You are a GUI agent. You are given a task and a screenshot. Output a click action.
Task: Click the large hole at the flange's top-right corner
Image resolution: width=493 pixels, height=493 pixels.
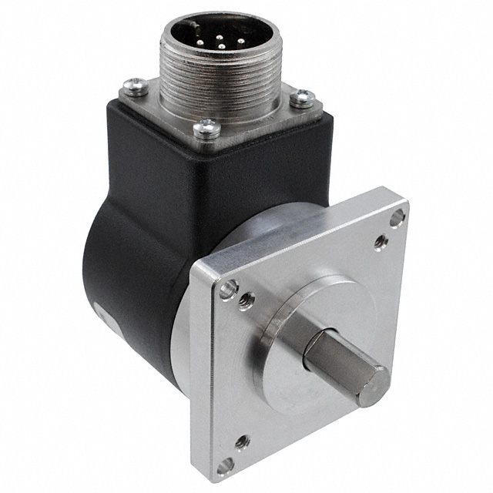tap(397, 219)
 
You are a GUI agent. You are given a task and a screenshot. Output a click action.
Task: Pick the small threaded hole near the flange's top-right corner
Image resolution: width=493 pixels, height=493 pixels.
tap(380, 243)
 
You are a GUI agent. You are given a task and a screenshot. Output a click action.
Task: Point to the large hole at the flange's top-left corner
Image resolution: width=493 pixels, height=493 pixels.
tap(226, 290)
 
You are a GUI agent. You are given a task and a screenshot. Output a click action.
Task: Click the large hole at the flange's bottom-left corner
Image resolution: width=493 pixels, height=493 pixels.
tap(224, 464)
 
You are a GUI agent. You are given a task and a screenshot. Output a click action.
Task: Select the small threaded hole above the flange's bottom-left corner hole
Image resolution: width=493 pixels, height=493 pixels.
tap(242, 441)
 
